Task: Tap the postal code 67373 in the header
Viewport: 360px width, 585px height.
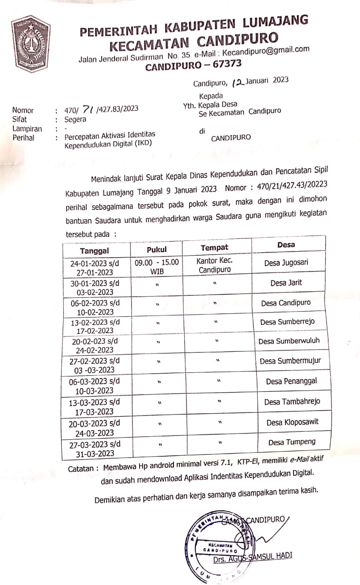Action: (227, 64)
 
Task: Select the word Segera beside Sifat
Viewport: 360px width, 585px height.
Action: (75, 120)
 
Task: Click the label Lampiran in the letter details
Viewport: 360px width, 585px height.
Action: (27, 129)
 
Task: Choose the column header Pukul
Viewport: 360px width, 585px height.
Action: (156, 249)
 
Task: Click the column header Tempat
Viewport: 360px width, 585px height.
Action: (214, 248)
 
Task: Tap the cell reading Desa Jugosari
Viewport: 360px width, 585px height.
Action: (286, 263)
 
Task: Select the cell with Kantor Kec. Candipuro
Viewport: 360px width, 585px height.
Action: (215, 265)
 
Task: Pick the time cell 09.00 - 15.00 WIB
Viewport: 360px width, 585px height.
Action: (157, 267)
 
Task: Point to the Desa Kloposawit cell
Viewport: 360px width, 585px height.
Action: (292, 422)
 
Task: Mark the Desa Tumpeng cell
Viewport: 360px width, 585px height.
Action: (292, 442)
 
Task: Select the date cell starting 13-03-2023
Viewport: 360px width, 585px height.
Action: (94, 407)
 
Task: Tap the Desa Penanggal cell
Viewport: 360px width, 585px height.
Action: (291, 381)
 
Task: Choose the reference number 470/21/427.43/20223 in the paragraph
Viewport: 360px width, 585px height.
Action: (292, 185)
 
